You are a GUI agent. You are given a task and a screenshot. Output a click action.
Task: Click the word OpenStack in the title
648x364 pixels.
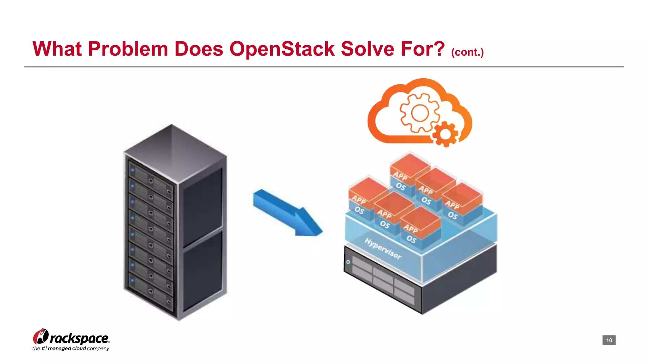pyautogui.click(x=282, y=49)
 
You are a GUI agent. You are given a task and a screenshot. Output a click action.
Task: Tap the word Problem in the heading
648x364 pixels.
pyautogui.click(x=128, y=49)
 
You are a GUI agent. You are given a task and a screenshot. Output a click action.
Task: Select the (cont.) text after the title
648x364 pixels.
pyautogui.click(x=467, y=52)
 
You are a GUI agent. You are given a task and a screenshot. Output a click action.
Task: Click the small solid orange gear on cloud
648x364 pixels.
pyautogui.click(x=445, y=134)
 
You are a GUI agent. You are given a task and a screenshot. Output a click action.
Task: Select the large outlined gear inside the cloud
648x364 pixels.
pyautogui.click(x=420, y=113)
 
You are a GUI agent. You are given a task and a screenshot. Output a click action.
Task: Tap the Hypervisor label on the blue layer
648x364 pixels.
pyautogui.click(x=383, y=248)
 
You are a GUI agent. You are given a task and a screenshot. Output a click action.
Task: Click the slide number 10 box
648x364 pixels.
pyautogui.click(x=609, y=340)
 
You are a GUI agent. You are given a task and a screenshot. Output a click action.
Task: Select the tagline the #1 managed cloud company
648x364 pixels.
pyautogui.click(x=71, y=349)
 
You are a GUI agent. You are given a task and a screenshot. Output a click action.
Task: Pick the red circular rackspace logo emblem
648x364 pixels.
pyautogui.click(x=40, y=337)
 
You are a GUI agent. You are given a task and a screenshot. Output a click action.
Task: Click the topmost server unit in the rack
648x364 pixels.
pyautogui.click(x=151, y=177)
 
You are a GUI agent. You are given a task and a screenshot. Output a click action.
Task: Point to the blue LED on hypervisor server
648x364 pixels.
pyautogui.click(x=348, y=262)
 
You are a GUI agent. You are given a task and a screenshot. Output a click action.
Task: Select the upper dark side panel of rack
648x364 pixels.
pyautogui.click(x=202, y=205)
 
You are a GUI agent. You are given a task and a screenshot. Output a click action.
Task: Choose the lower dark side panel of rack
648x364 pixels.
pyautogui.click(x=202, y=272)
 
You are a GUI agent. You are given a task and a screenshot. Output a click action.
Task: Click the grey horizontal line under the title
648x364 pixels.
pyautogui.click(x=324, y=67)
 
